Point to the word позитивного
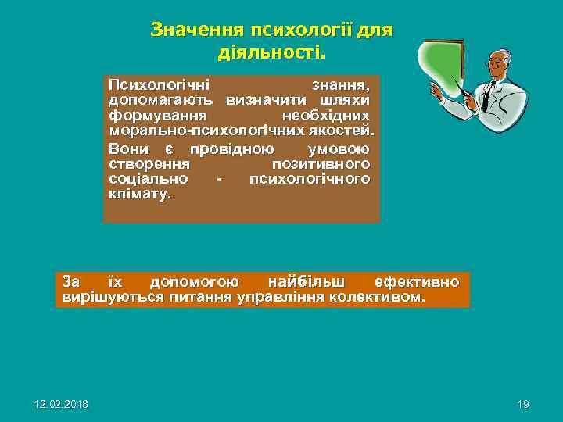click(321, 164)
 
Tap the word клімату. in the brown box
click(139, 195)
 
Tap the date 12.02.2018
click(61, 404)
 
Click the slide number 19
click(523, 404)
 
